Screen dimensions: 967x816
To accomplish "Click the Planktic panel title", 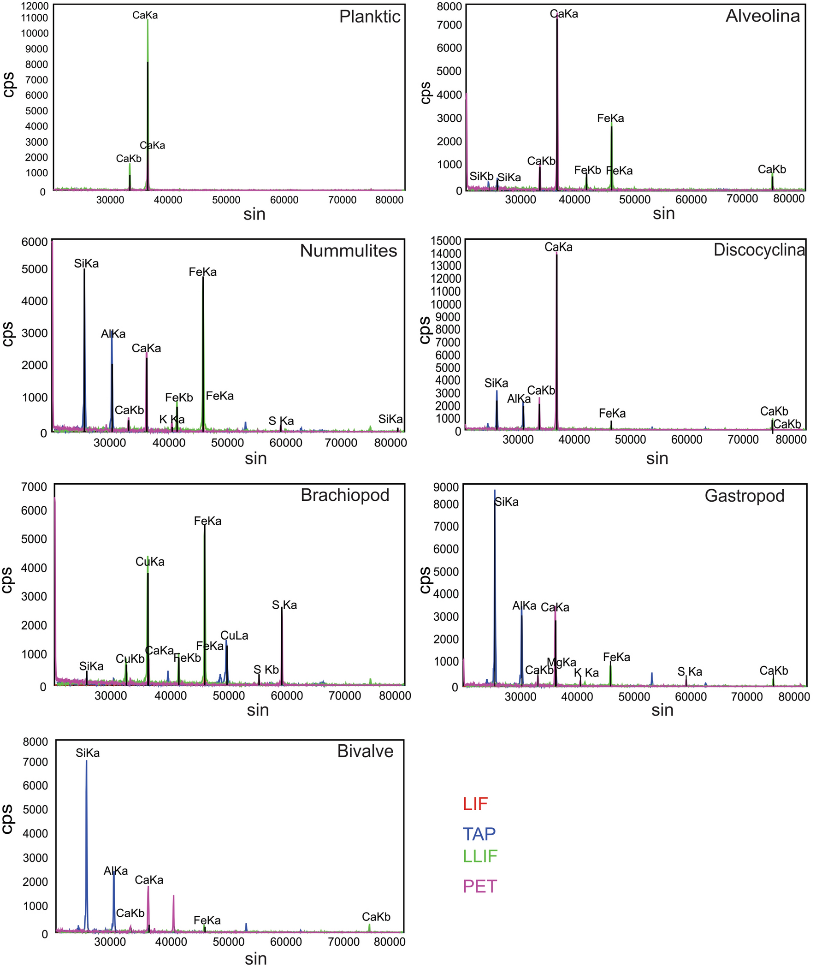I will click(370, 17).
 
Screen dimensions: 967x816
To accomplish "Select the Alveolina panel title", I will click(763, 16).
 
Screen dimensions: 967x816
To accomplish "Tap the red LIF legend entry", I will click(475, 804).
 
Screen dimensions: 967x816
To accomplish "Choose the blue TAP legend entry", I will click(479, 834).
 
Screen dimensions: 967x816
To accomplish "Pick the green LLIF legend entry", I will click(480, 856).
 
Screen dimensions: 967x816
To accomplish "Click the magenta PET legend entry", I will click(480, 886).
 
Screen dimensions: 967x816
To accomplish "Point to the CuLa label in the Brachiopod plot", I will click(234, 636).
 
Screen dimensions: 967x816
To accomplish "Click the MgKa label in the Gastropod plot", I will click(562, 662).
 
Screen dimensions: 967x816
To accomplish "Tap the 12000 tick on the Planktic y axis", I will click(37, 6).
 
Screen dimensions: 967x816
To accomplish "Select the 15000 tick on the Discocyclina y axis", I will click(445, 241).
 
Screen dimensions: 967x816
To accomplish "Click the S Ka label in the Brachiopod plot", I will click(284, 605).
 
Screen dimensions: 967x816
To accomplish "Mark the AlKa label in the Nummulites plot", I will click(113, 333).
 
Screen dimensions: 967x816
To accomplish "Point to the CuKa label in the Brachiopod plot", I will click(149, 562).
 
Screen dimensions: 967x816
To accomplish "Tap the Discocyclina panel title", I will click(759, 250).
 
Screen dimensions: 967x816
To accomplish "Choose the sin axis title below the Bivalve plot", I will click(255, 958).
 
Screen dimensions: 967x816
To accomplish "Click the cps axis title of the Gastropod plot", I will click(425, 580).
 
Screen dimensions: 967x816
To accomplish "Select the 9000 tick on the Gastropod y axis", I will click(445, 487).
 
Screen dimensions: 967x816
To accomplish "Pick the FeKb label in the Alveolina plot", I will click(587, 170).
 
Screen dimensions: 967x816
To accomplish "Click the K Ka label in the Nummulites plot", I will click(171, 420).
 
